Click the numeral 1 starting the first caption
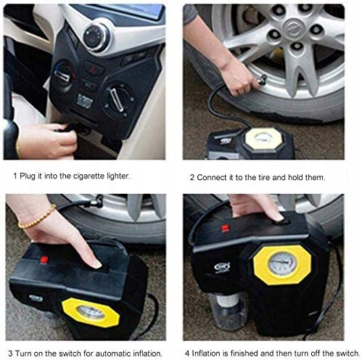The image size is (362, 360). tap(15, 176)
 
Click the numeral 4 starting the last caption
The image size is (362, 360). tap(187, 353)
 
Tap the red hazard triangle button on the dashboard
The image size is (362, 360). tap(93, 69)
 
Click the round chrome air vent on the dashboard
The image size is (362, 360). tap(96, 38)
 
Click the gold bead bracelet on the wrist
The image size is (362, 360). tap(37, 217)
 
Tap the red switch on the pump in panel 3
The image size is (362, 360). tap(44, 260)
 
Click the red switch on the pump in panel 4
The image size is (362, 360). tap(225, 228)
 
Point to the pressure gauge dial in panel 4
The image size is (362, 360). tap(282, 264)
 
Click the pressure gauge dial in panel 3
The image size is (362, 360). tap(91, 313)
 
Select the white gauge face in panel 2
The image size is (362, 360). tap(264, 139)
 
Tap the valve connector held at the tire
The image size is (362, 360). tap(260, 80)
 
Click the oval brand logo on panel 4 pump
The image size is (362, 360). tap(222, 267)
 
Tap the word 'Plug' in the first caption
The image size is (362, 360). tap(28, 176)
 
